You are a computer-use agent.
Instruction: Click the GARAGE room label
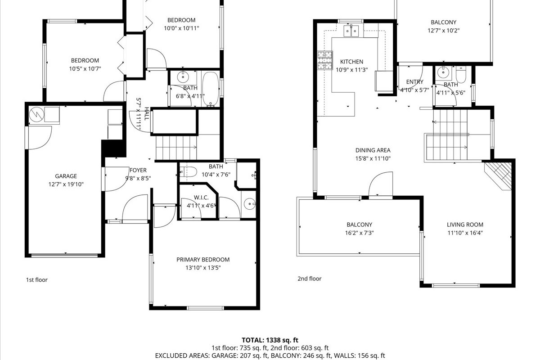coord(66,176)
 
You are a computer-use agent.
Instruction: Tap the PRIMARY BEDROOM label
coord(203,260)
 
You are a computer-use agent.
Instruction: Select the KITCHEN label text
coord(351,62)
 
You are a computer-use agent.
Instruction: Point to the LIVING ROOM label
coord(465,225)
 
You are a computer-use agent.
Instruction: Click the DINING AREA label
coord(373,150)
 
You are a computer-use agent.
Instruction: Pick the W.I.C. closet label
coord(201,198)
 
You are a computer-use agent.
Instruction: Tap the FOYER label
coord(138,170)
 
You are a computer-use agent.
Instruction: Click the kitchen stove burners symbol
coord(325,60)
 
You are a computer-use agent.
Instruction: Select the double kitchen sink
coord(351,31)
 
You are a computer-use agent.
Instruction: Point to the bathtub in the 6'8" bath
coord(211,89)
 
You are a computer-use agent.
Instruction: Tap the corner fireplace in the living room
coord(499,176)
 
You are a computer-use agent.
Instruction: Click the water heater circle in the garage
coord(36,114)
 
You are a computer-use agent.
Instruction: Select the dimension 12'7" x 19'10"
coord(66,184)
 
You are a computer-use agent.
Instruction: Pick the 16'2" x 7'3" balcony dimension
coord(360,233)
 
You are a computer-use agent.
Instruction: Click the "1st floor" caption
coord(36,280)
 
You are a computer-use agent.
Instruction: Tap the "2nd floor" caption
coord(310,279)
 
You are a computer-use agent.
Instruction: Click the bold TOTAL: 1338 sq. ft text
coord(270,340)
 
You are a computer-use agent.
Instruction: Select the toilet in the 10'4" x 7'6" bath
coord(189,172)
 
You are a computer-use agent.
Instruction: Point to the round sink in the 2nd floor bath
coord(443,72)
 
